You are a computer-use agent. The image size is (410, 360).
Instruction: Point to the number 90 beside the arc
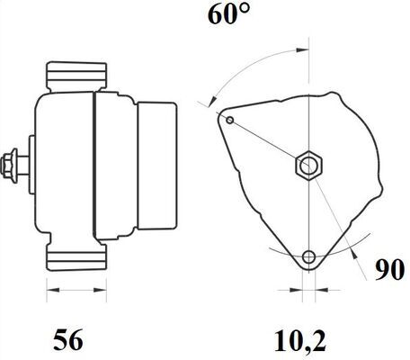click(x=386, y=271)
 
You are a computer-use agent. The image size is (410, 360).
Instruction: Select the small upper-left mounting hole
click(x=230, y=120)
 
